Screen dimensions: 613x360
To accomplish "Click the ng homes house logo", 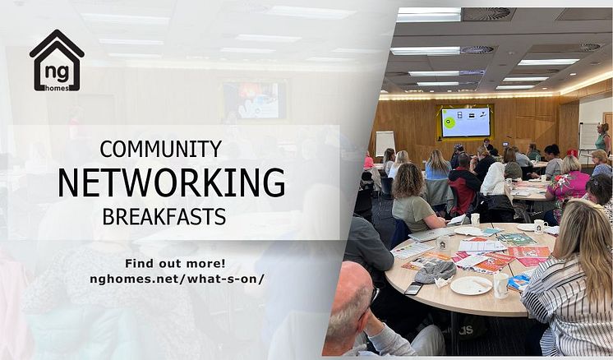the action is point(57,61).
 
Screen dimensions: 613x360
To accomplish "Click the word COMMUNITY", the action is point(161,149).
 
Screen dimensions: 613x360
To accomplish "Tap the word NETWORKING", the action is point(172,182).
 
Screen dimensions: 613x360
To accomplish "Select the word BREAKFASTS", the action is point(164,216).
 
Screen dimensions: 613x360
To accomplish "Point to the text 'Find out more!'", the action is point(175,264).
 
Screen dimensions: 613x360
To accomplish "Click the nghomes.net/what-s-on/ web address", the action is point(177,279).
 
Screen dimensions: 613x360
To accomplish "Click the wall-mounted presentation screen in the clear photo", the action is point(466,122).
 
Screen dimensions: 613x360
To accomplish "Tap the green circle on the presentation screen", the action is point(449,122).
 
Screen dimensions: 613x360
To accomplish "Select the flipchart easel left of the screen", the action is point(385,144).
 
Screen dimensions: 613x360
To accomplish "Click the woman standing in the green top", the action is point(603,138).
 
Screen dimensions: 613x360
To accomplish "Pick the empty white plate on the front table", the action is point(471,285).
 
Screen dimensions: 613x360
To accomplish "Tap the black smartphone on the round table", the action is point(413,288).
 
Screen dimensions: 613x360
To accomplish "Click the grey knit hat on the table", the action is point(436,271).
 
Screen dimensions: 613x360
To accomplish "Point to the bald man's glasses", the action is point(372,297).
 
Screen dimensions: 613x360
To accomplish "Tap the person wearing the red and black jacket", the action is point(463,184).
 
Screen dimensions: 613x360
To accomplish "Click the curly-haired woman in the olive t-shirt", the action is point(413,198).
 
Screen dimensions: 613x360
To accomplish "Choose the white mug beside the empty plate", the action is point(500,285).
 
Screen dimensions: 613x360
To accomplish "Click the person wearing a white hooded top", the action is point(494,179).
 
